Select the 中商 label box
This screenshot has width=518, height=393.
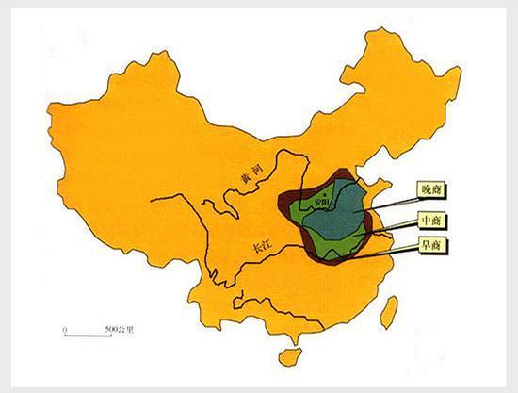[433, 220]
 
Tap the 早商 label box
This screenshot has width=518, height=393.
[433, 246]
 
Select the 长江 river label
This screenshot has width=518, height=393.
[261, 248]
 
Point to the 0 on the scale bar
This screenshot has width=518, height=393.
[64, 329]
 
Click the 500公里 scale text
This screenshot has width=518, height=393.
[121, 329]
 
